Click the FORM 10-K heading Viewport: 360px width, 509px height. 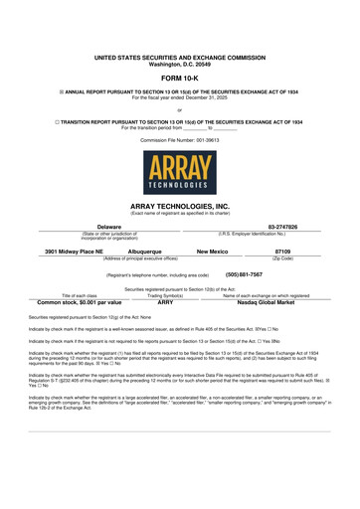pos(180,77)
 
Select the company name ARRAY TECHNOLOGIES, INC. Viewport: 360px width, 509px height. pos(180,205)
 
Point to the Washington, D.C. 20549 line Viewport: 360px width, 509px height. pos(180,65)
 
